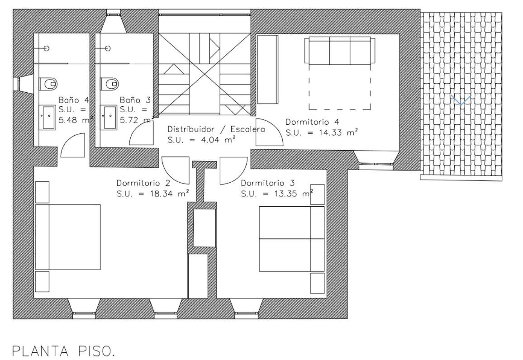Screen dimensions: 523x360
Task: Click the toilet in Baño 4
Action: tap(49, 83)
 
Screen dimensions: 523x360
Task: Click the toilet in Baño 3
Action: tap(110, 83)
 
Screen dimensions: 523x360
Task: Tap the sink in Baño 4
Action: tap(48, 117)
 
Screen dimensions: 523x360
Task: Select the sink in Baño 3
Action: tap(109, 117)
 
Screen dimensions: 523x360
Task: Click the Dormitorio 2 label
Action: tap(143, 183)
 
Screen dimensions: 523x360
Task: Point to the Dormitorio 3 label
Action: tap(268, 183)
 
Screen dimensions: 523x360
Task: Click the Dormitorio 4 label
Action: tap(312, 122)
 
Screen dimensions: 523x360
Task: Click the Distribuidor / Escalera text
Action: tap(216, 129)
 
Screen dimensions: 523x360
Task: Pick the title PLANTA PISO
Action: tap(63, 351)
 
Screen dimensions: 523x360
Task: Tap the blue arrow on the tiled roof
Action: tap(461, 100)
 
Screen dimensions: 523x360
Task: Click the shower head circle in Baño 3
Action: tap(108, 48)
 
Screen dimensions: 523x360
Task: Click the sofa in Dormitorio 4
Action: tap(340, 51)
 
